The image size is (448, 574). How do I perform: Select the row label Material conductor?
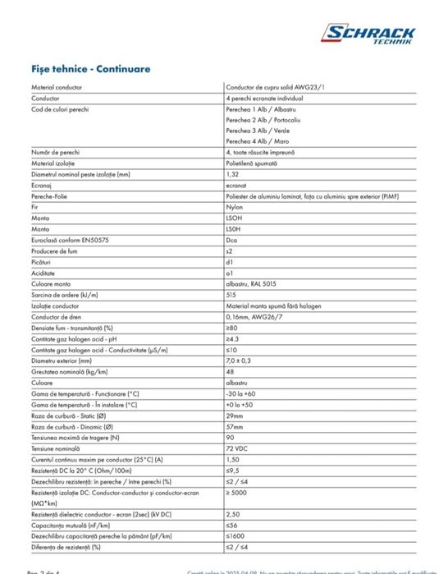pyautogui.click(x=53, y=86)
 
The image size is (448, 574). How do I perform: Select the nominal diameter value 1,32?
pyautogui.click(x=231, y=174)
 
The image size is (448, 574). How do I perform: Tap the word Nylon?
pyautogui.click(x=233, y=207)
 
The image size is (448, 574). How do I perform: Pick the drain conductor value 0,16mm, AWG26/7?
pyautogui.click(x=251, y=315)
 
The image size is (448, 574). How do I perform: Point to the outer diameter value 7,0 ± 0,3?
pyautogui.click(x=239, y=359)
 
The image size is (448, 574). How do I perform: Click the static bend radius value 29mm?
pyautogui.click(x=233, y=416)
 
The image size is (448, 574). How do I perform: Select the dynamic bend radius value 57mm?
pyautogui.click(x=233, y=427)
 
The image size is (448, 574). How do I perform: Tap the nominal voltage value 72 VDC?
pyautogui.click(x=235, y=449)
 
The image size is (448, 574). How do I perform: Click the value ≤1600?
pyautogui.click(x=235, y=535)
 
